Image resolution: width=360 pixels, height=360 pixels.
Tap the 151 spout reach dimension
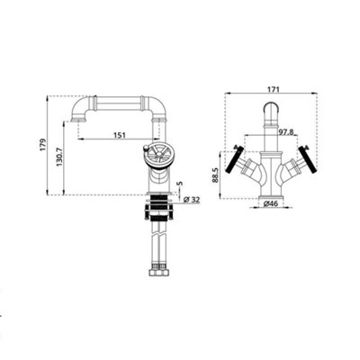(x=119, y=135)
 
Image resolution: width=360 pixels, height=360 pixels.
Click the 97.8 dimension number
(x=286, y=131)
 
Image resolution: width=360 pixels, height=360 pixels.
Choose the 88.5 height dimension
(x=215, y=175)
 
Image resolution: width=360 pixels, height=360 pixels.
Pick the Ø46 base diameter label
(x=271, y=204)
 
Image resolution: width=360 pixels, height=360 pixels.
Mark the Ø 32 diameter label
(x=192, y=199)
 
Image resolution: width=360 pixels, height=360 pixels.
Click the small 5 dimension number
(x=180, y=184)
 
